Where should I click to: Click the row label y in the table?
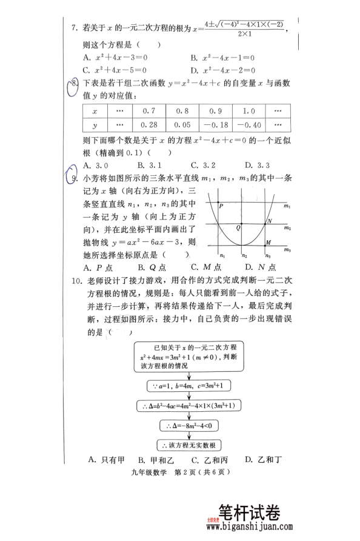95,124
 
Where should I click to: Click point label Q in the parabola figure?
238,228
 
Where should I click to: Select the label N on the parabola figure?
269,221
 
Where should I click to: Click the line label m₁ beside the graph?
288,207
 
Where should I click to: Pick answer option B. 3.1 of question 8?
149,165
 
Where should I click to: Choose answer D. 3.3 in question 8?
257,165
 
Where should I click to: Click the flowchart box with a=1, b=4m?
191,386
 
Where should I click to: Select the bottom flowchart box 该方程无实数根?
191,444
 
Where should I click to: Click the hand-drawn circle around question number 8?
73,89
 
